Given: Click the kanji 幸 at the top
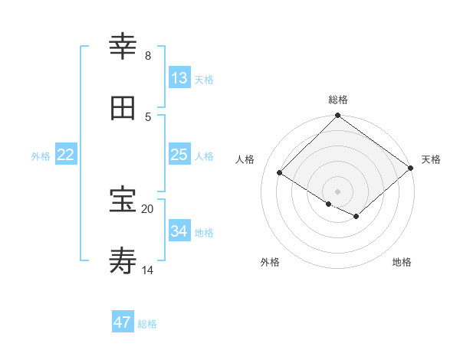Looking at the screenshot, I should [123, 47].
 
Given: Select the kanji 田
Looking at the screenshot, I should [123, 108].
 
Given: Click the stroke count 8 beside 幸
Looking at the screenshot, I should [147, 56].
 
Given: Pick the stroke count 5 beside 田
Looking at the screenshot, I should [147, 117].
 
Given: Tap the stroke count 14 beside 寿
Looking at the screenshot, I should [147, 270].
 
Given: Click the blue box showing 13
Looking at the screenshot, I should [179, 78].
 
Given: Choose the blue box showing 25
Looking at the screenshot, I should [179, 155].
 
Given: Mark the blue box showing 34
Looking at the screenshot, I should [179, 231].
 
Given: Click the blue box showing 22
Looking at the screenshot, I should [66, 155].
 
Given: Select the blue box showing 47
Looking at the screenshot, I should [123, 322].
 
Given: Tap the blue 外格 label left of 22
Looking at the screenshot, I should [41, 156].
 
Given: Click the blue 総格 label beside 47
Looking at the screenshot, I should [147, 324].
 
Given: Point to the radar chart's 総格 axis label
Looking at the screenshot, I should [338, 100].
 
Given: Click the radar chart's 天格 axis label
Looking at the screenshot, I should [431, 159].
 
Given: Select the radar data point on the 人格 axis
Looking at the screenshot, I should [280, 173].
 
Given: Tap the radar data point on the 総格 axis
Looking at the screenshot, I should [337, 116].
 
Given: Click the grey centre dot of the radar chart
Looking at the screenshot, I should [337, 191].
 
